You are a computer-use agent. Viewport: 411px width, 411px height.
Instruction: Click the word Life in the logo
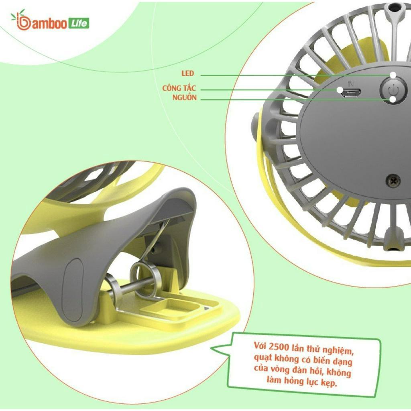pos(79,24)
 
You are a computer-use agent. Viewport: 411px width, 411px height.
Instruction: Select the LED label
pos(188,73)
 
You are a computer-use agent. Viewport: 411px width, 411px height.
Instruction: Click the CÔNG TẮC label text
pos(179,87)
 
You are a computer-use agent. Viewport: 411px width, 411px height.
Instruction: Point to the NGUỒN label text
pos(185,98)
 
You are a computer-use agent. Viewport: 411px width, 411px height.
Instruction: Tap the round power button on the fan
pos(393,90)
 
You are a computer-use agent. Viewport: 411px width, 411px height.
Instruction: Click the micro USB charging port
pos(351,92)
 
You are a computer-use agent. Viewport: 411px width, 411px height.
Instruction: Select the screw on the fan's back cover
pos(394,181)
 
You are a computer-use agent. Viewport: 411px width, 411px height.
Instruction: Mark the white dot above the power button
pos(393,75)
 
